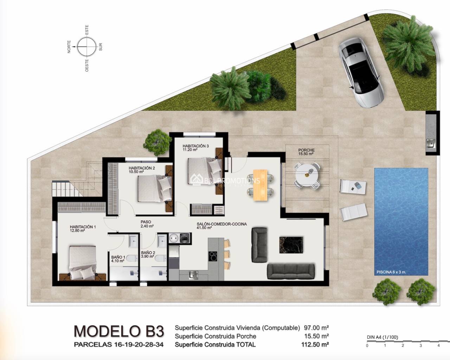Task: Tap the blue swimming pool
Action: coord(401,222)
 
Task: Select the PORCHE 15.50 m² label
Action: coord(306,152)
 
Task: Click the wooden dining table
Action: coord(260,185)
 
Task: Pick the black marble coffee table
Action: coord(291,245)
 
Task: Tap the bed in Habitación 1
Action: coord(83,263)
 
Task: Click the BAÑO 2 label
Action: coord(148,253)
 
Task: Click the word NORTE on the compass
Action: coord(69,47)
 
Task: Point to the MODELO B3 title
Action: coord(119,331)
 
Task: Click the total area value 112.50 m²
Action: coord(315,345)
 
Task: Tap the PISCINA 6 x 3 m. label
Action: coord(391,272)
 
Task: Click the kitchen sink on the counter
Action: coord(194,275)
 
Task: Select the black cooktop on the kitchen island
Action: coord(213,256)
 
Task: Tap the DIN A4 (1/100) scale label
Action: coord(382,337)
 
